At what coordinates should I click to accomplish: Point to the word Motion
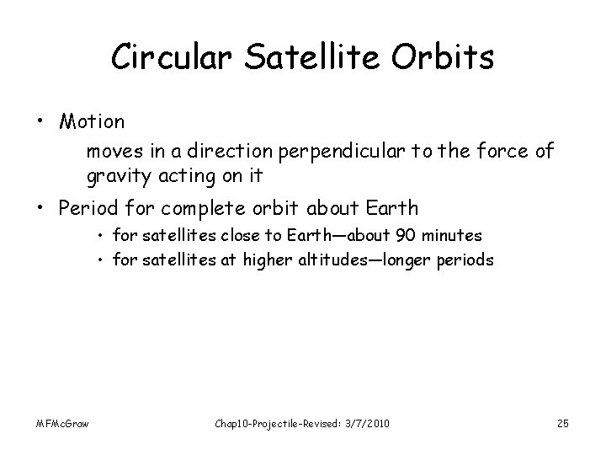pos(92,121)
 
